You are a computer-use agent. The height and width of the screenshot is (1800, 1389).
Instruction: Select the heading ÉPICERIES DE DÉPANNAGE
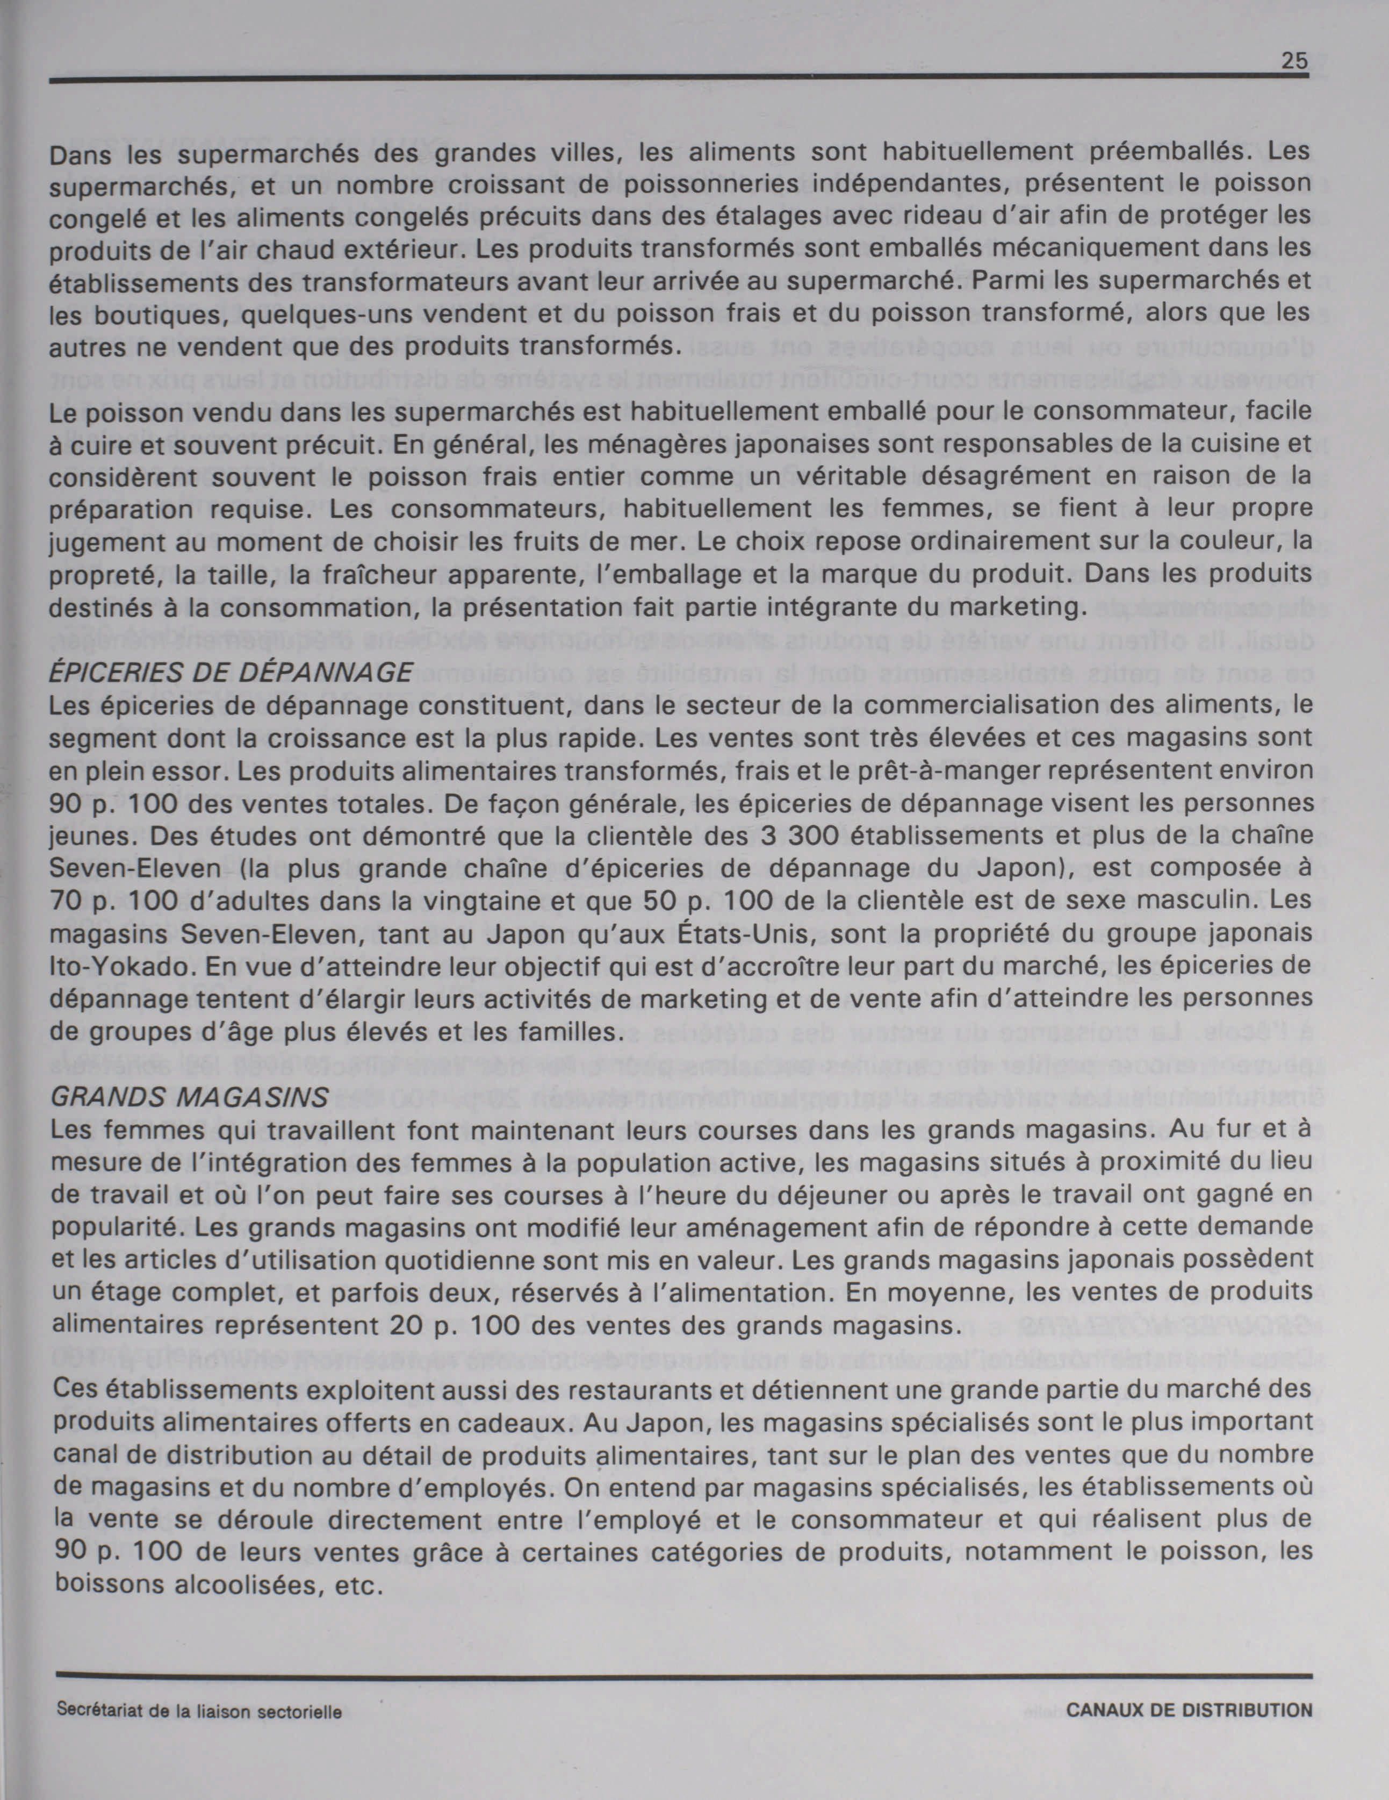tap(231, 673)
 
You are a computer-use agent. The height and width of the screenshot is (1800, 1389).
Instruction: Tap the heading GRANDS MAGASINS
tap(190, 1097)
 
